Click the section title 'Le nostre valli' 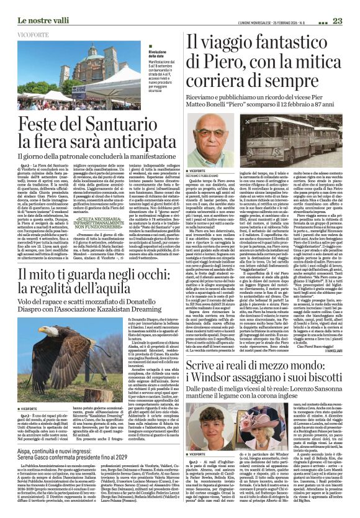point(29,6)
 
